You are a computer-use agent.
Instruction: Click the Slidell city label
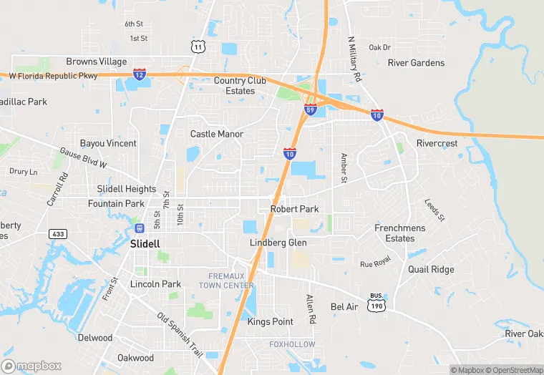pos(145,243)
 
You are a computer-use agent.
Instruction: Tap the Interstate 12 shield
pos(140,74)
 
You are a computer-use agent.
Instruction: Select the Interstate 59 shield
pos(310,109)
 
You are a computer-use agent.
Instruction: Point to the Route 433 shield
pos(58,234)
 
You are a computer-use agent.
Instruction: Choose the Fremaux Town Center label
pos(231,281)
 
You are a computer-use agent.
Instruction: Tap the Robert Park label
pos(294,209)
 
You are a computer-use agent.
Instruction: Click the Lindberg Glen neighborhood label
pos(278,243)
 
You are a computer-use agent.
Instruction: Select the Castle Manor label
pos(217,134)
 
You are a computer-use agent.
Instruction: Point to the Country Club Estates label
pos(240,86)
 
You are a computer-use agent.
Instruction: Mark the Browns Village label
pos(97,62)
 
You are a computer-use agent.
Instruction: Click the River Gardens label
pos(416,63)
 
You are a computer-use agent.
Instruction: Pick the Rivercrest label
pos(437,143)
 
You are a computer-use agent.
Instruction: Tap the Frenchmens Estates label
pos(399,233)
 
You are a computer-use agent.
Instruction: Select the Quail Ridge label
pos(431,269)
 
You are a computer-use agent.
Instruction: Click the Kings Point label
pos(270,322)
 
